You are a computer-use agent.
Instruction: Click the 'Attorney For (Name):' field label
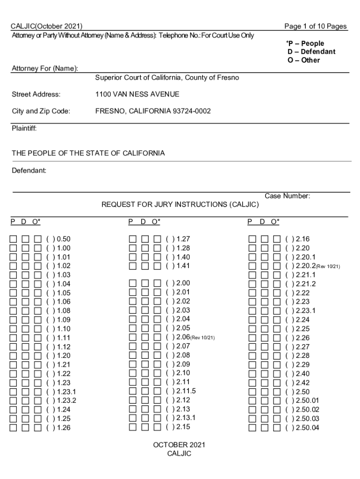(44, 69)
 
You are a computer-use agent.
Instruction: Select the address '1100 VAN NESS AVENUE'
(137, 94)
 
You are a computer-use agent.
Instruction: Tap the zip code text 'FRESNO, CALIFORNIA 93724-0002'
(153, 111)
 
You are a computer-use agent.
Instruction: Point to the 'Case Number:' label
(288, 196)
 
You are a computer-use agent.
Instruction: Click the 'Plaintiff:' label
(24, 128)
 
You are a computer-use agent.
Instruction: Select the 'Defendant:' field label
(29, 171)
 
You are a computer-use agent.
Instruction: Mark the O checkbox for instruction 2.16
(276, 239)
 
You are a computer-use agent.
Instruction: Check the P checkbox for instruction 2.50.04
(252, 428)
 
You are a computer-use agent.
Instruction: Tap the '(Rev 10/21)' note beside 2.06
(202, 338)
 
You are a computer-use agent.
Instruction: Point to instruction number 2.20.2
(306, 266)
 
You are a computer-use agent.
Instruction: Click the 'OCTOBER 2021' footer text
(179, 445)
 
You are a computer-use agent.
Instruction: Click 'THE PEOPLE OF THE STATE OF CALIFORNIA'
(88, 153)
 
